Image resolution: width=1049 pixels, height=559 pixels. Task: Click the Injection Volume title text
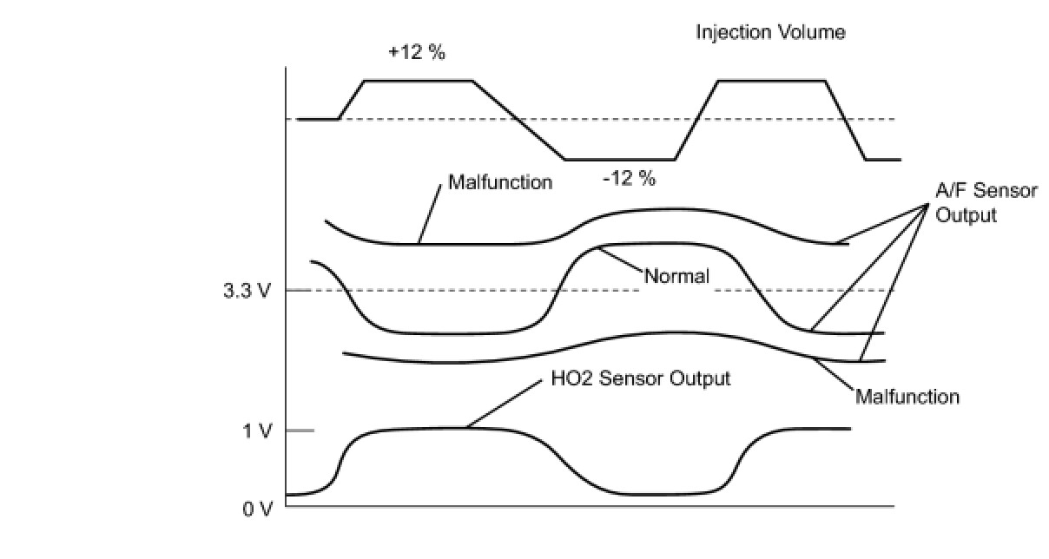[x=770, y=33]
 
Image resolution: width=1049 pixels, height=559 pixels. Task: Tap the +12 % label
[x=417, y=53]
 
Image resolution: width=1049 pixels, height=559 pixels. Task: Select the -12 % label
[x=629, y=180]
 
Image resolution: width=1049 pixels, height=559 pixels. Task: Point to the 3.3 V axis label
[x=247, y=291]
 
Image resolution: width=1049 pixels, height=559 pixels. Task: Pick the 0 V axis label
[x=257, y=509]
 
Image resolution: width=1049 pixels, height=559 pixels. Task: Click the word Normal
[x=676, y=277]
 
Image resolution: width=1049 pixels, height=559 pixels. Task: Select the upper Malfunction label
[x=500, y=183]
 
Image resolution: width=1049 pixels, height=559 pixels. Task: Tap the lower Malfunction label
[x=907, y=397]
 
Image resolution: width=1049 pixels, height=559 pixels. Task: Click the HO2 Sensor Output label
[x=641, y=379]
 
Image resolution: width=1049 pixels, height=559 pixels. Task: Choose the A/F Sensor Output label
[x=986, y=202]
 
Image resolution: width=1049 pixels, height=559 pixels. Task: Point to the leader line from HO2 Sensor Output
[x=507, y=404]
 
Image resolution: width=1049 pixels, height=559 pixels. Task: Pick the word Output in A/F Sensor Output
[x=966, y=214]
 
